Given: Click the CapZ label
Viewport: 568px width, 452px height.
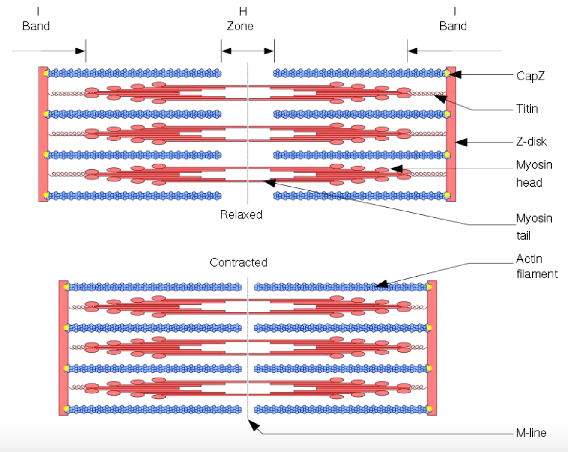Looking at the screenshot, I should tap(530, 76).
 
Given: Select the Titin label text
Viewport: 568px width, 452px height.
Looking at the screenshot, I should tap(527, 109).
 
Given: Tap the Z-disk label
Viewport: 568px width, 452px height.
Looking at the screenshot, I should tap(531, 141).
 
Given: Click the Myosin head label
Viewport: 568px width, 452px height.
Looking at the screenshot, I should tap(534, 173).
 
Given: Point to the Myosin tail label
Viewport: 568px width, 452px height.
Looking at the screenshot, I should tap(534, 226).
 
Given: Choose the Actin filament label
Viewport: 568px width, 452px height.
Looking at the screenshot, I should tap(537, 266).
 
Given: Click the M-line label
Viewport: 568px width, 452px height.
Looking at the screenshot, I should tap(531, 433).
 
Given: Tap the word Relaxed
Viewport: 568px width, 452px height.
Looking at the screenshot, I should tap(241, 214).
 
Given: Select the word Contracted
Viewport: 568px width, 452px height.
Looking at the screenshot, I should tap(238, 262).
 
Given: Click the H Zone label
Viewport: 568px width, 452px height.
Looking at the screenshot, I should tap(240, 19).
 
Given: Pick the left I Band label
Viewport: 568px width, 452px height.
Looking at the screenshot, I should tap(36, 19).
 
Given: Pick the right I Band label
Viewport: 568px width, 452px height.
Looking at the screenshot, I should tap(453, 19).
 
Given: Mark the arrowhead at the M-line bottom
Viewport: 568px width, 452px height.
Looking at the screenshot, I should tap(254, 426).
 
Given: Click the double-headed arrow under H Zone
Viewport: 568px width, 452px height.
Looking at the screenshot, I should tap(248, 51).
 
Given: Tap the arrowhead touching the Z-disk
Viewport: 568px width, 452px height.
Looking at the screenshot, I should tap(461, 142).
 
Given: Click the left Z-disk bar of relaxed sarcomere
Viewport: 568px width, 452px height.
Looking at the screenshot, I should tap(43, 134).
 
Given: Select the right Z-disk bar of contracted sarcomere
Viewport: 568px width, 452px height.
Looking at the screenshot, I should tap(432, 348).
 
